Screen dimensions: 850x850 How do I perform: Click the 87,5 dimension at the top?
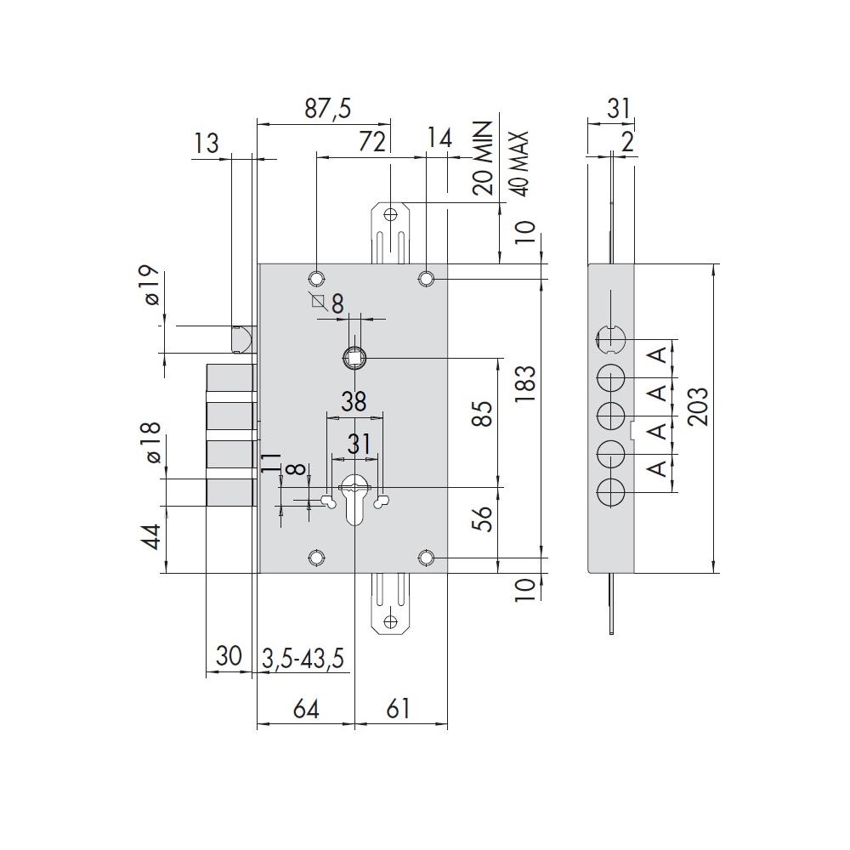coord(327,109)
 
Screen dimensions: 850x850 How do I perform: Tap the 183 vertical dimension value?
coord(524,384)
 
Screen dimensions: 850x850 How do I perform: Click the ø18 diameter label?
coord(153,442)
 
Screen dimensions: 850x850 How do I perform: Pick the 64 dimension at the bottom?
coord(306,709)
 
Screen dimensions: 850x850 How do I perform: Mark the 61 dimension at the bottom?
coord(399,709)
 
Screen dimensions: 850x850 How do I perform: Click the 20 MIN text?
coord(482,158)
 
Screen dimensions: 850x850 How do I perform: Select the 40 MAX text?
coord(518,163)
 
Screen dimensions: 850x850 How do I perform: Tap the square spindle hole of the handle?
coord(354,358)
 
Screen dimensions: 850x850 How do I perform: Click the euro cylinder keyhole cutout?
coord(354,500)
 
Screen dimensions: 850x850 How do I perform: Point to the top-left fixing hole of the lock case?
coord(316,279)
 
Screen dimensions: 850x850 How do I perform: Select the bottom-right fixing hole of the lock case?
coord(426,558)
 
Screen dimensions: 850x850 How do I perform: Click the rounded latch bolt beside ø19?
coord(243,339)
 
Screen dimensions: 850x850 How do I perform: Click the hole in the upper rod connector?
coord(390,214)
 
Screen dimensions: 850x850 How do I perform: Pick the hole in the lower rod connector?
coord(390,621)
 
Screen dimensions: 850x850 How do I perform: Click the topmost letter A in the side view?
coord(657,355)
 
